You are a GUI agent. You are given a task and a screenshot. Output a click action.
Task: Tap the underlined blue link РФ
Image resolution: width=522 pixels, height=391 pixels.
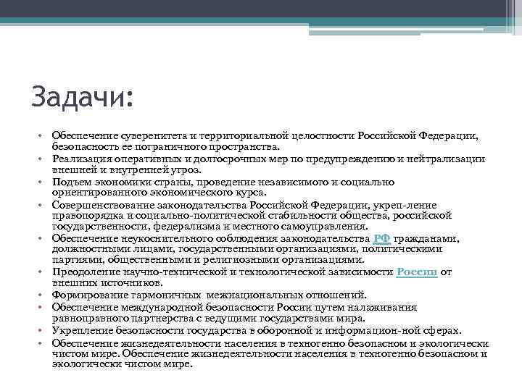pos(382,239)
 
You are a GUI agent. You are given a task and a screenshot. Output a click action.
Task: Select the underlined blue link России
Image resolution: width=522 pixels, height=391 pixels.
pos(417,272)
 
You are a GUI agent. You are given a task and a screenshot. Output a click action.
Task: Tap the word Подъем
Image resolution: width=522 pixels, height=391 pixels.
pos(69,182)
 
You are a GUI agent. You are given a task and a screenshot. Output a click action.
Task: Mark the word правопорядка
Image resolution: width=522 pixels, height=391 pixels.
pos(80,216)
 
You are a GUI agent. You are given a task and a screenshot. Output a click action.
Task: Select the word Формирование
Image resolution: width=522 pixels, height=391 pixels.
pos(85,295)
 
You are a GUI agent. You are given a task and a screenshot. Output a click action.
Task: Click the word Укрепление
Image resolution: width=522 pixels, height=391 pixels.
pos(78,330)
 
